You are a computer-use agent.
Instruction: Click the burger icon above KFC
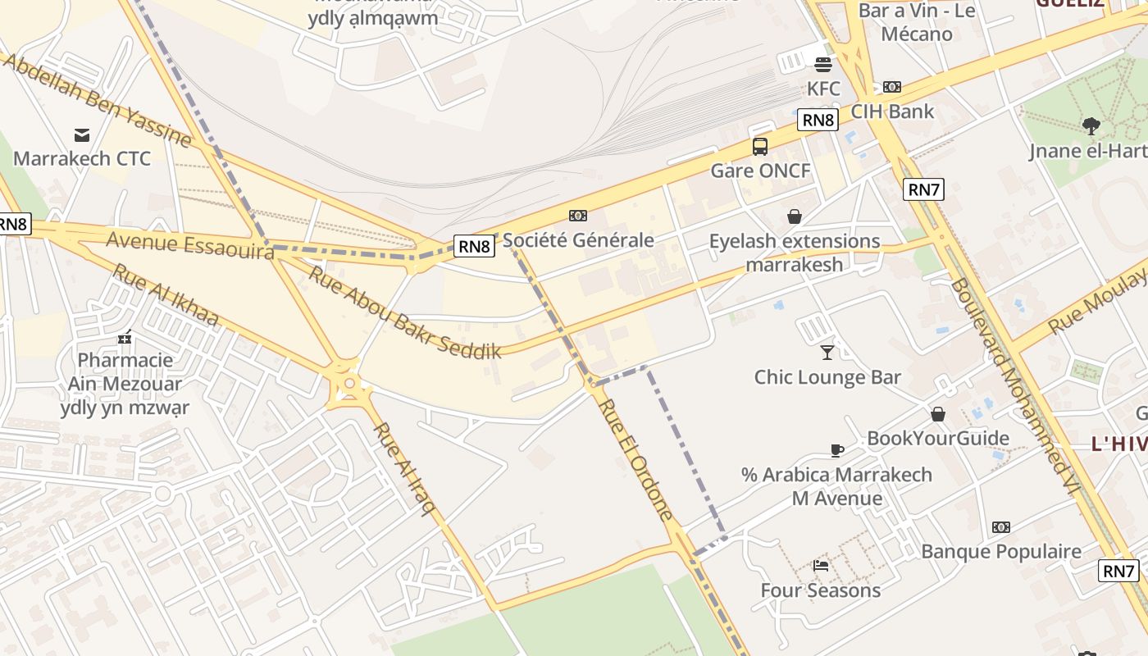[x=822, y=65]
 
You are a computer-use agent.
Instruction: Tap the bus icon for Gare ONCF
[x=760, y=147]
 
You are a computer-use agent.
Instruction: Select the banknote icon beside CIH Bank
[x=892, y=87]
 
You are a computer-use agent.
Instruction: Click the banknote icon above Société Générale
[x=578, y=216]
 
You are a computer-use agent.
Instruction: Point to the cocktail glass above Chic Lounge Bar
[x=827, y=353]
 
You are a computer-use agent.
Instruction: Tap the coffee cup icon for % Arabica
[x=836, y=450]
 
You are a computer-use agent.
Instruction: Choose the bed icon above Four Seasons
[x=820, y=565]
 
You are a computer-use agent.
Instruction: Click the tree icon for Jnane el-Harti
[x=1091, y=126]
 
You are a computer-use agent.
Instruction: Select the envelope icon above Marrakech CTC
[x=82, y=134]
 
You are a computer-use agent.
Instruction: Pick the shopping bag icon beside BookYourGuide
[x=937, y=414]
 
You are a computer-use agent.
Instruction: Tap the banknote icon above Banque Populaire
[x=1000, y=527]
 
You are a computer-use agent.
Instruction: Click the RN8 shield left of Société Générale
[x=474, y=245]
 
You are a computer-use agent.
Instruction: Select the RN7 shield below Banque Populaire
[x=1119, y=571]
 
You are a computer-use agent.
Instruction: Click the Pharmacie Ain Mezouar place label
[x=125, y=383]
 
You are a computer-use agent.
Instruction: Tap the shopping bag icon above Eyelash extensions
[x=794, y=216]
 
